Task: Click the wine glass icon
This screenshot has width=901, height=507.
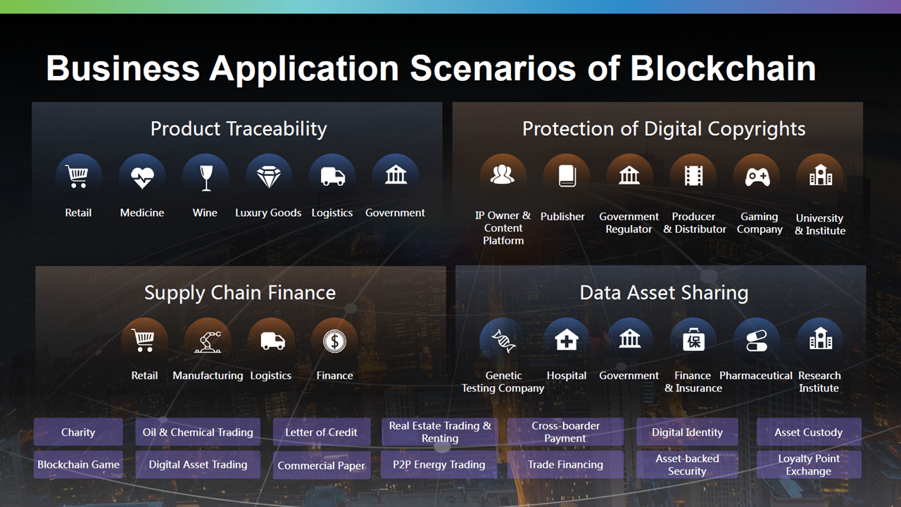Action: point(206,177)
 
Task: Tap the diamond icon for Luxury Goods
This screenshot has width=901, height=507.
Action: point(269,177)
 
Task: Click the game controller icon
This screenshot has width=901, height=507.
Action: point(757,177)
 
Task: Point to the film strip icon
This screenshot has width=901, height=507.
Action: point(693,176)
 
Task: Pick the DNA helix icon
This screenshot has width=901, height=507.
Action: point(503,341)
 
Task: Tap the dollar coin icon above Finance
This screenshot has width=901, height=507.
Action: point(334,342)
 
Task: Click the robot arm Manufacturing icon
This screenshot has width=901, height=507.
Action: point(208,342)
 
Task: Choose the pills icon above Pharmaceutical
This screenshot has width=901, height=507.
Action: point(756,341)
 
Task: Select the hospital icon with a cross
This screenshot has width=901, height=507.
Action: point(567,339)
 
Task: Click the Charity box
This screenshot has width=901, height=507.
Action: point(78,432)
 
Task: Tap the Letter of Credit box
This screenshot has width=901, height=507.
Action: point(322,432)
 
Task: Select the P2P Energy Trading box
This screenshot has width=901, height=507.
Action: point(439,464)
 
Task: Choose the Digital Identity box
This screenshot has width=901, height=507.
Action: point(687,432)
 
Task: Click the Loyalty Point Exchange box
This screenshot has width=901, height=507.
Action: point(809,464)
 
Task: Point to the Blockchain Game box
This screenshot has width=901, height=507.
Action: point(78,464)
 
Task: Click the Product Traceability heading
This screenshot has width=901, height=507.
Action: point(239,129)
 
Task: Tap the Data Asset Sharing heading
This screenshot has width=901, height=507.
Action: point(664,292)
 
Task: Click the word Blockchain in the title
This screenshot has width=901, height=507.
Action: point(723,68)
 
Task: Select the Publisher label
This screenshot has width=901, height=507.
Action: point(562,216)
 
